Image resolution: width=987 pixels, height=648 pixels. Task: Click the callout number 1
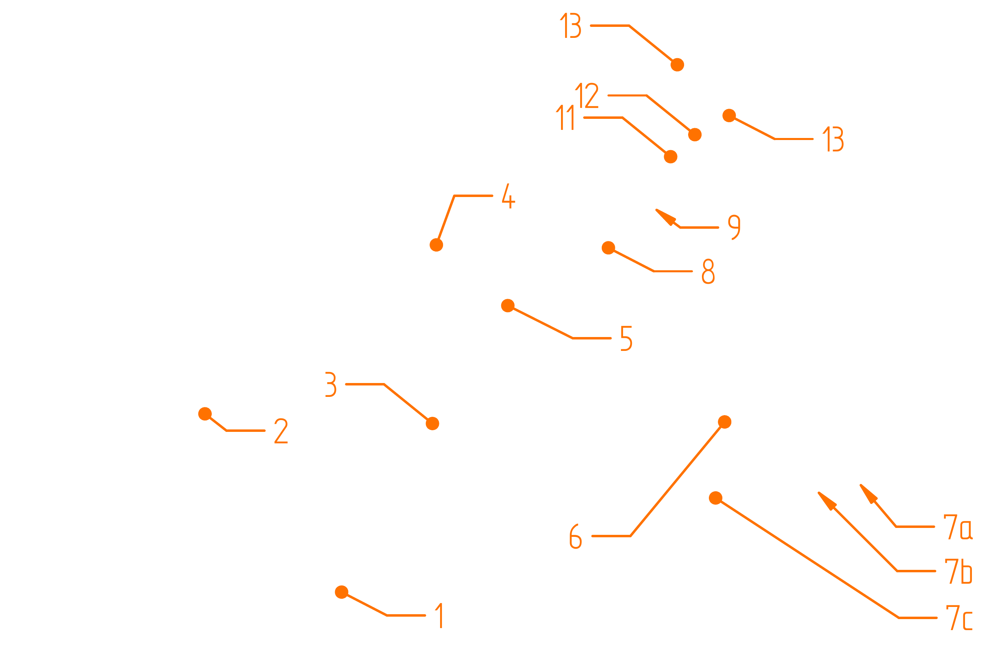(x=440, y=616)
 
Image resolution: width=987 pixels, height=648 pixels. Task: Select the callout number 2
(x=281, y=431)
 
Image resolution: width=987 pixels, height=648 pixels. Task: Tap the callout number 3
(x=331, y=385)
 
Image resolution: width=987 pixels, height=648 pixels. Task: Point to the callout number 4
(x=508, y=197)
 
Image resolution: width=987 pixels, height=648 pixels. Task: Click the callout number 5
(x=626, y=338)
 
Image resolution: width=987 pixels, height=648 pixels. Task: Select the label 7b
(x=958, y=571)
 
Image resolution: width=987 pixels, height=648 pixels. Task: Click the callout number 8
(x=708, y=271)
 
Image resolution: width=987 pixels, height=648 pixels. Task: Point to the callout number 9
(x=734, y=227)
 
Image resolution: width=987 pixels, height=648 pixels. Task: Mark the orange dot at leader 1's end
(x=341, y=592)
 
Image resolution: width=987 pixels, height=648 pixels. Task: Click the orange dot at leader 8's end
(x=608, y=248)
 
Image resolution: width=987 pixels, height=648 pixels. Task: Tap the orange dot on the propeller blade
(x=677, y=65)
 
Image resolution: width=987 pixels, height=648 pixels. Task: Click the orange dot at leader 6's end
(x=724, y=422)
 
